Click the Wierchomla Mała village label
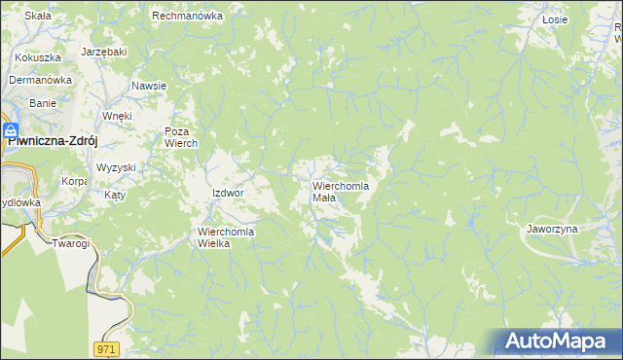(x=339, y=191)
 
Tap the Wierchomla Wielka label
(x=226, y=237)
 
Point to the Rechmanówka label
(x=188, y=17)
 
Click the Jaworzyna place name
(x=552, y=228)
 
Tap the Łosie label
(x=555, y=18)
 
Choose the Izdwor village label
(x=227, y=193)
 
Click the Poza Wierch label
(x=181, y=137)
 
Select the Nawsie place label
(x=149, y=86)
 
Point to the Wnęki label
(x=117, y=116)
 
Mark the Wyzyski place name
(x=116, y=167)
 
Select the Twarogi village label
(x=71, y=242)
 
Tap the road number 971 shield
(x=107, y=348)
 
